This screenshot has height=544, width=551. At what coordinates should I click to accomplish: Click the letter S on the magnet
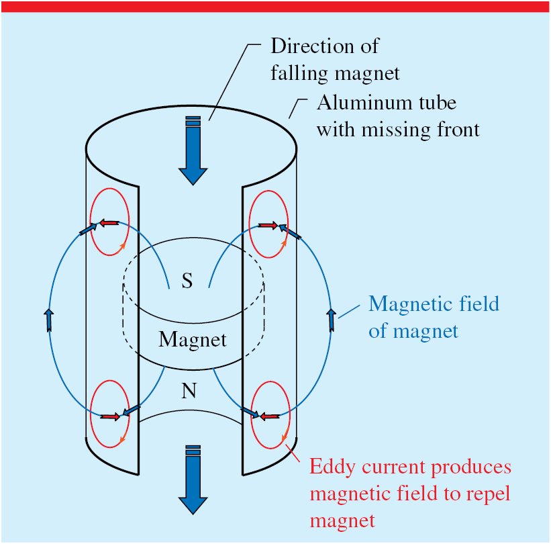[187, 281]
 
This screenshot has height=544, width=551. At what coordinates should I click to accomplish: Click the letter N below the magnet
[189, 390]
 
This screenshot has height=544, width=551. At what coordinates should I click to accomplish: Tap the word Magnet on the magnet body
[193, 339]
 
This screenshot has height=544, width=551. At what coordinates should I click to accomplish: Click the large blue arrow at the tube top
[193, 151]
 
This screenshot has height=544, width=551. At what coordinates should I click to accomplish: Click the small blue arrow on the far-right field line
[332, 320]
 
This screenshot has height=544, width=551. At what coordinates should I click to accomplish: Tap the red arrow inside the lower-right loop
[270, 417]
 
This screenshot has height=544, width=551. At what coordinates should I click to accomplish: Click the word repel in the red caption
[488, 494]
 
